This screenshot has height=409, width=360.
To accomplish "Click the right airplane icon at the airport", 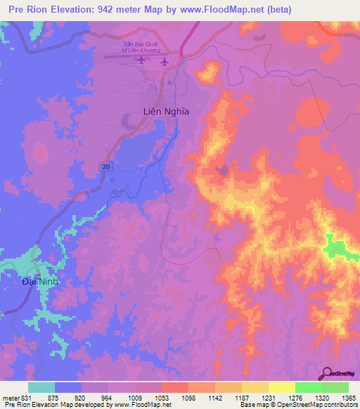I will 164,61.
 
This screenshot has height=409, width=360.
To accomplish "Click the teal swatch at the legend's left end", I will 41,387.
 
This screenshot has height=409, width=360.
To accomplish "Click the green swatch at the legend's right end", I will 335,387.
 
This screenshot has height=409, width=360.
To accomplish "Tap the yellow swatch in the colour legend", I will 281,387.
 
